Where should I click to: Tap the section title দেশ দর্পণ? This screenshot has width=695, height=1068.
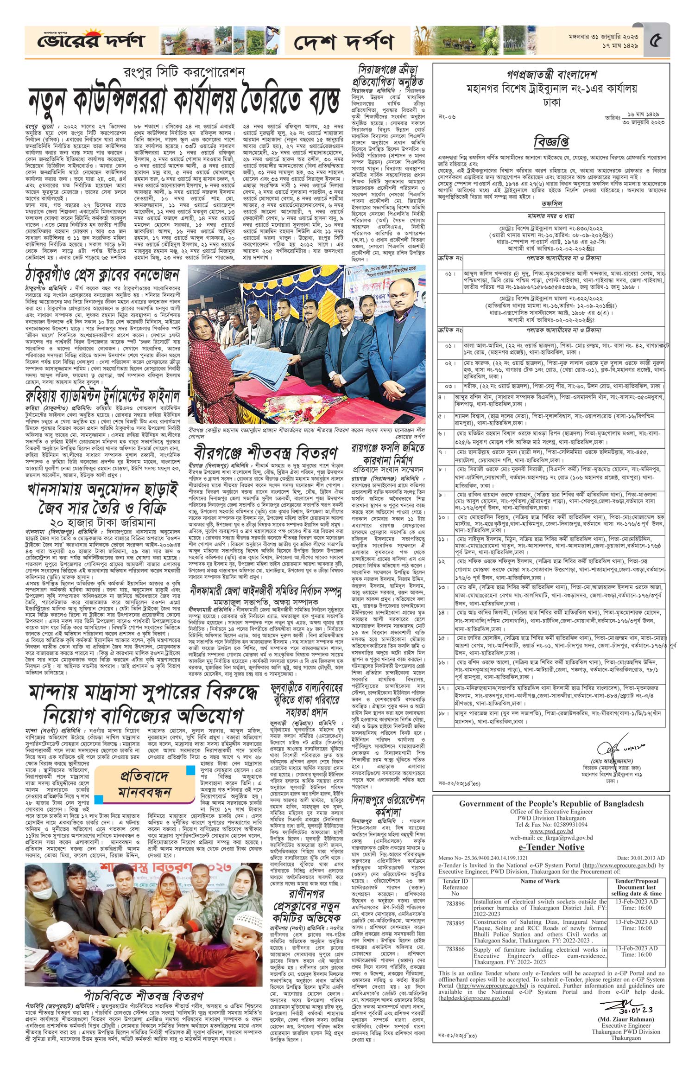point(344,42)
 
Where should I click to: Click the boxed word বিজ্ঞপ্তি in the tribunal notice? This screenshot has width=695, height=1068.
point(551,140)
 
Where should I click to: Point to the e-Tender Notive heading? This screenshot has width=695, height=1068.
point(551,847)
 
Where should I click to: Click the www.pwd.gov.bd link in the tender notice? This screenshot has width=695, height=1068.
point(550,831)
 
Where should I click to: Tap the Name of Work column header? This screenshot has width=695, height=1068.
point(540,881)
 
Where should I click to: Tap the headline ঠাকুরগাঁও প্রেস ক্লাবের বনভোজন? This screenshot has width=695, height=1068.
point(102,275)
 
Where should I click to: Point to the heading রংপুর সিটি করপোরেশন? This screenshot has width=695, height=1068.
point(183,72)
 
